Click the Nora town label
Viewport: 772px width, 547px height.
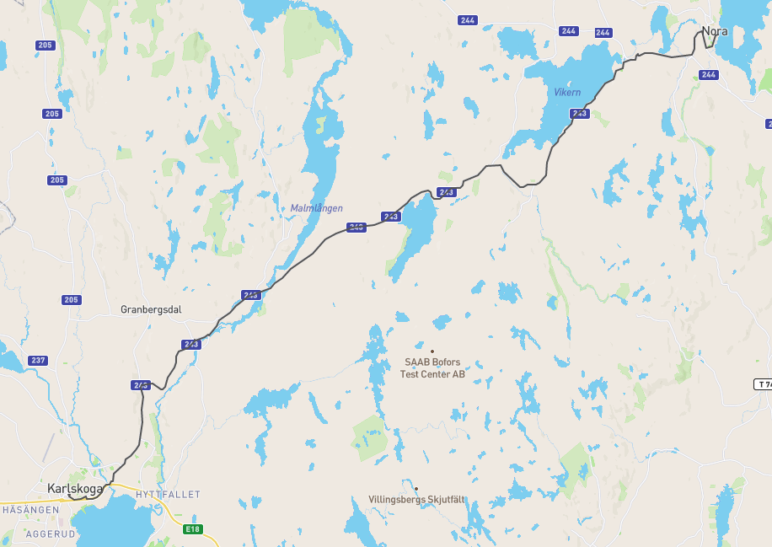715,31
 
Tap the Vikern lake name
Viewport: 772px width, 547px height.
567,92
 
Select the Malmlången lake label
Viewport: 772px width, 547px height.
316,208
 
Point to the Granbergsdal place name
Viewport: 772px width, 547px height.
151,309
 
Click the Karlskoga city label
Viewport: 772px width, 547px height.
75,488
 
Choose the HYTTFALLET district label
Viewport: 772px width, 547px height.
168,495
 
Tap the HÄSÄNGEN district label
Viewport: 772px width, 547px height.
30,510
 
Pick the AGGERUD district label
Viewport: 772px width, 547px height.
51,534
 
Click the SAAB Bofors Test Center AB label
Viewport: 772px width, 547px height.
432,368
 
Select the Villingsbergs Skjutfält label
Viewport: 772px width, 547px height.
416,499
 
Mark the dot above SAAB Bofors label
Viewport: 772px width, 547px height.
432,351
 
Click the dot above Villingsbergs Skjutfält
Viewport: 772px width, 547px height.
416,488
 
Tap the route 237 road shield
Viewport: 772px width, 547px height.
38,361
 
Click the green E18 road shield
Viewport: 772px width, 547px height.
193,528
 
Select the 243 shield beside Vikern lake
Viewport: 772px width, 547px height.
579,113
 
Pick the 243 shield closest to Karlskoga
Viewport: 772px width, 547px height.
141,385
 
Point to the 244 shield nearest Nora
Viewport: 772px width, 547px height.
709,74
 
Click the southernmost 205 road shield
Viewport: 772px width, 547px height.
71,300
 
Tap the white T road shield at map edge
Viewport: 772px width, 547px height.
763,384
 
